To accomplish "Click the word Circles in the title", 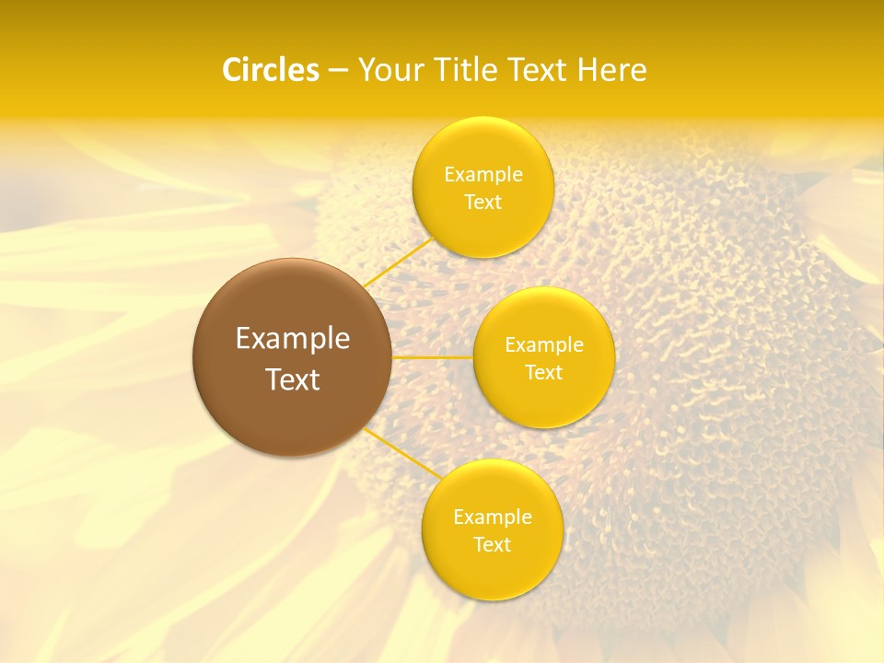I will click(x=271, y=70).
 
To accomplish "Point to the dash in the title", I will click(x=338, y=71).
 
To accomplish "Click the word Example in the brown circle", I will click(x=293, y=339).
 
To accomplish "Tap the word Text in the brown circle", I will click(x=293, y=379).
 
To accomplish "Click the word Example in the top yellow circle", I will click(x=483, y=175).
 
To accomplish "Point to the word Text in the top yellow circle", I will click(x=483, y=203).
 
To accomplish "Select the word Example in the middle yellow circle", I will click(x=544, y=345).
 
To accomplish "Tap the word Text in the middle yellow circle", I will click(x=544, y=373).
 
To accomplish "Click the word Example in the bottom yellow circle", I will click(x=492, y=518).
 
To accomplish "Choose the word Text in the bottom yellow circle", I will click(x=492, y=545).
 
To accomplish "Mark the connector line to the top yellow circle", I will click(x=397, y=262).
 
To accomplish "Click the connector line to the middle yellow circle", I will click(x=433, y=357).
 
